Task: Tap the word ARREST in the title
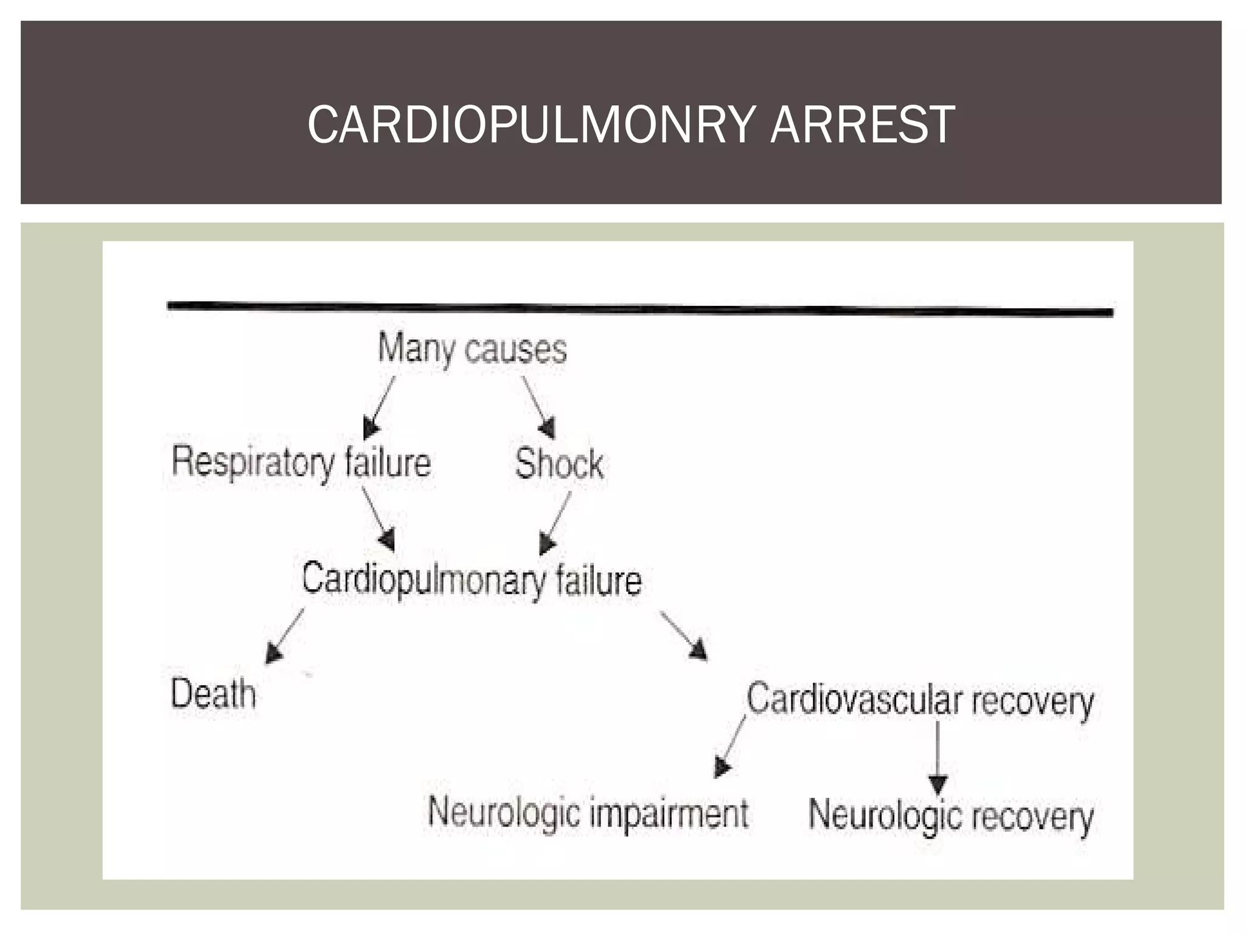pyautogui.click(x=863, y=125)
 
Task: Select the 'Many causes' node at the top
pyautogui.click(x=472, y=349)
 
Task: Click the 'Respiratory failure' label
pyautogui.click(x=301, y=463)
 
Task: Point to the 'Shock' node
pyautogui.click(x=559, y=463)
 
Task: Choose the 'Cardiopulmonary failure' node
pyautogui.click(x=472, y=580)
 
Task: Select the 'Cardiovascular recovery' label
pyautogui.click(x=920, y=700)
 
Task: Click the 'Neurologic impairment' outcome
pyautogui.click(x=588, y=813)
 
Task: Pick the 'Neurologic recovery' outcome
pyautogui.click(x=951, y=816)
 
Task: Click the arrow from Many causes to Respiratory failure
pyautogui.click(x=379, y=407)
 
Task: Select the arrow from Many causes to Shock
pyautogui.click(x=539, y=407)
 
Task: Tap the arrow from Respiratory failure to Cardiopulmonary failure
pyautogui.click(x=378, y=519)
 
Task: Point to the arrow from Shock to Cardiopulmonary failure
pyautogui.click(x=555, y=523)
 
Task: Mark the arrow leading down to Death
pyautogui.click(x=285, y=636)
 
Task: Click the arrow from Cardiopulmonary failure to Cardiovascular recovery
pyautogui.click(x=684, y=636)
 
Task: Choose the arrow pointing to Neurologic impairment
pyautogui.click(x=729, y=747)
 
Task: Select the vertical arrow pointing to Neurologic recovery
pyautogui.click(x=938, y=758)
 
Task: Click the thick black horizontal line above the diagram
pyautogui.click(x=640, y=308)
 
